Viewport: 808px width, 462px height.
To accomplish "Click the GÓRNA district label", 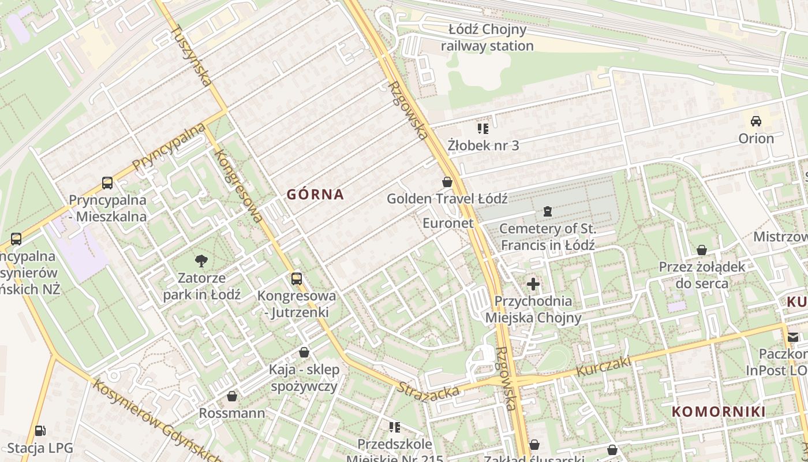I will [x=315, y=195].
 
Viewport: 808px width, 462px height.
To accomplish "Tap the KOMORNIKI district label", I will [x=719, y=412].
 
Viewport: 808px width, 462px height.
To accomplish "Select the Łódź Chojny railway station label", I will [x=487, y=38].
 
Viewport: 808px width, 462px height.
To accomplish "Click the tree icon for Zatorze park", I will [x=201, y=261].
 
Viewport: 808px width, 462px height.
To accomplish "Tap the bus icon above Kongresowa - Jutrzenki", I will [x=296, y=279].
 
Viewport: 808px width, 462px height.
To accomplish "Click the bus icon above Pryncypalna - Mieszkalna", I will [x=107, y=183].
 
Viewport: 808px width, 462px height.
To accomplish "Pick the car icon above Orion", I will [x=755, y=121].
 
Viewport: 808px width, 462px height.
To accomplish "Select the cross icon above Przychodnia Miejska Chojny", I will [x=533, y=284].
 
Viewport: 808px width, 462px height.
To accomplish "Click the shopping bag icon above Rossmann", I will [x=231, y=396].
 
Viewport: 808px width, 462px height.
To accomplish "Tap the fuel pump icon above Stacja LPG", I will [x=40, y=431].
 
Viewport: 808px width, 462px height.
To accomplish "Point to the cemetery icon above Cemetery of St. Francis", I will [x=547, y=211].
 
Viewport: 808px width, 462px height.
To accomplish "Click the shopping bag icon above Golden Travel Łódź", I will [x=447, y=182].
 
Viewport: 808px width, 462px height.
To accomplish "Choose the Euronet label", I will [x=448, y=223].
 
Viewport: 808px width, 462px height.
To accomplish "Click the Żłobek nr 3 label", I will [x=483, y=146].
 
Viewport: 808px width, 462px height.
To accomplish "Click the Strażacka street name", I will [x=428, y=390].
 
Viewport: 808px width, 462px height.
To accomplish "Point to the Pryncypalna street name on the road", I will [x=169, y=146].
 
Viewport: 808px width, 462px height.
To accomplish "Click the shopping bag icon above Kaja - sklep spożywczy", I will [x=304, y=352].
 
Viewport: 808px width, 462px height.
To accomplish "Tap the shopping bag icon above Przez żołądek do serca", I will [x=701, y=250].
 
